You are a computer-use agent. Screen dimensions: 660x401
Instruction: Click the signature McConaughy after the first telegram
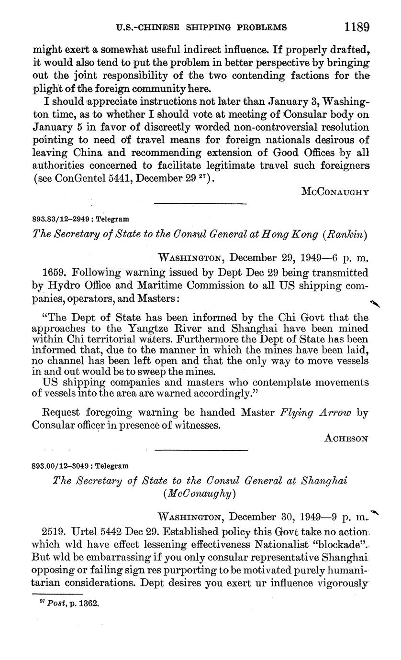335,192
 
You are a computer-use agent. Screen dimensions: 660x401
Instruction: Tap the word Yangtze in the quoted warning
148,328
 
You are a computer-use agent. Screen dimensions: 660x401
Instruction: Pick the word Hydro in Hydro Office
62,286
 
